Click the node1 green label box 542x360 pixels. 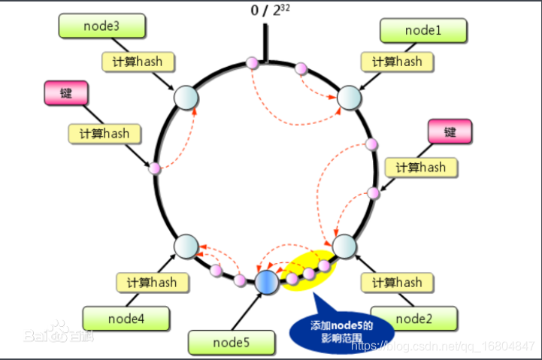pos(423,30)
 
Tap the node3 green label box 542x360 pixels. pos(102,26)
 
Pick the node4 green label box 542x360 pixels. pos(126,318)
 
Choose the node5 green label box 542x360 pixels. pos(232,343)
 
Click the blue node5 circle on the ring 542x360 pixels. pos(267,283)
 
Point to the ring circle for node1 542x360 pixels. pos(349,98)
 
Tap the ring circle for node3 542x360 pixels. pos(186,98)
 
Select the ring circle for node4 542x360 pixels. pos(186,247)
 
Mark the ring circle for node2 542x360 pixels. pos(344,247)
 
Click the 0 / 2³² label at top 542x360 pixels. pos(271,11)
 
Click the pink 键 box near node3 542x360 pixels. pos(66,93)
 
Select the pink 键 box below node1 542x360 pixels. pos(450,132)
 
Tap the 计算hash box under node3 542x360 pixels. pos(138,62)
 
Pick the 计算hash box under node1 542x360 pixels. pos(397,62)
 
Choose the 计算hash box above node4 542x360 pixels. pos(153,283)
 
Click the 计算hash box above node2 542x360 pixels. pos(397,283)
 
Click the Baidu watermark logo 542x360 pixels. pos(59,332)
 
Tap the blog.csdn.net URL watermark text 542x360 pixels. pos(443,346)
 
